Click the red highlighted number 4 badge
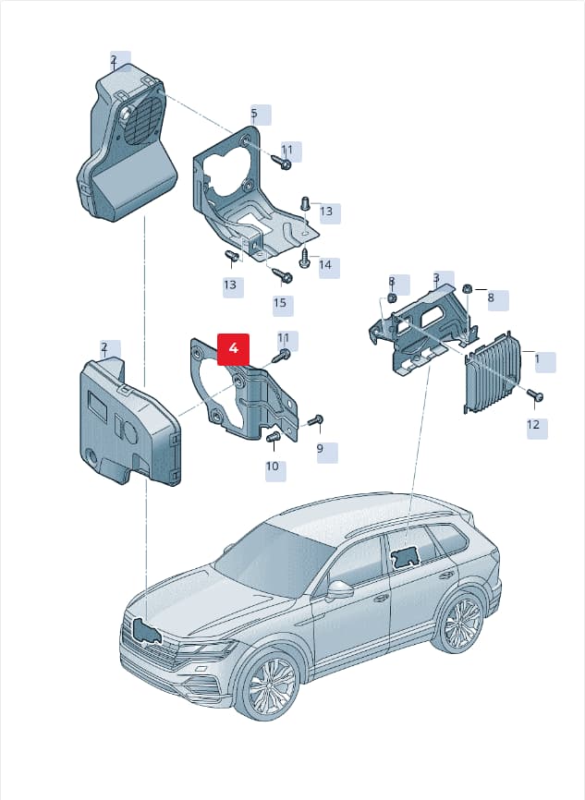coord(233,349)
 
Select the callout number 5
coord(254,114)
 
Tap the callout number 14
coord(325,265)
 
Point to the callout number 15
coord(280,303)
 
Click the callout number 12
coord(533,425)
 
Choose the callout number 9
coord(320,448)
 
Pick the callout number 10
coord(272,466)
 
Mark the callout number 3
coord(436,278)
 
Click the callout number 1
coord(537,359)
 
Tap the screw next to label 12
coord(535,395)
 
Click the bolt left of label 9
coord(314,420)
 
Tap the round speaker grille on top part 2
coord(143,120)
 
